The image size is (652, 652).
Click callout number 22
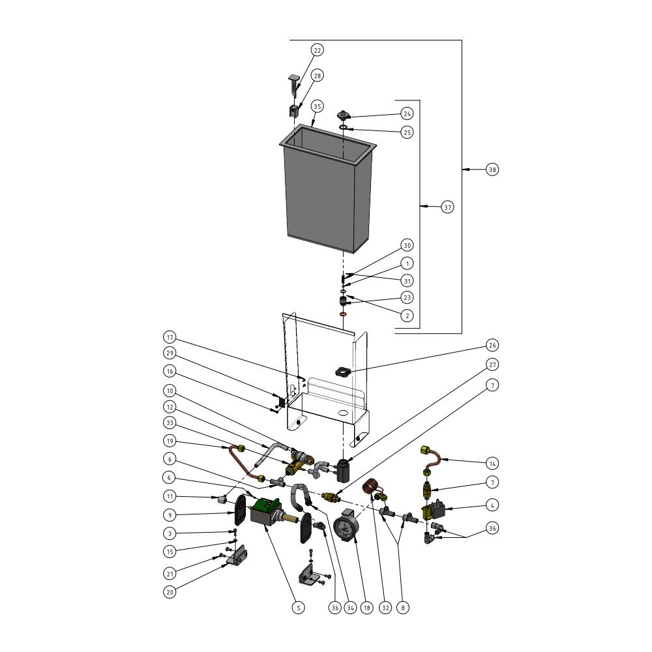pyautogui.click(x=318, y=50)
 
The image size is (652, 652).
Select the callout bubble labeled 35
pyautogui.click(x=318, y=106)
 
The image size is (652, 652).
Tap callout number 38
pyautogui.click(x=492, y=170)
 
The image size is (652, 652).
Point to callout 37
pyautogui.click(x=447, y=207)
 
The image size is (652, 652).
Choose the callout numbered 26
pyautogui.click(x=492, y=345)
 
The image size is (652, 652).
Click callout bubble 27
pyautogui.click(x=492, y=364)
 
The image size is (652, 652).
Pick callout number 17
pyautogui.click(x=170, y=338)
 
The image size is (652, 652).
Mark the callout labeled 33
pyautogui.click(x=170, y=422)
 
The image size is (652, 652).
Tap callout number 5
pyautogui.click(x=298, y=608)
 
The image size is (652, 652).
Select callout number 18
pyautogui.click(x=367, y=608)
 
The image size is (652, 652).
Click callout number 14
pyautogui.click(x=492, y=464)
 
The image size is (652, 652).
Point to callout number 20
pyautogui.click(x=170, y=592)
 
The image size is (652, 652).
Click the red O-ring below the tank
pyautogui.click(x=343, y=314)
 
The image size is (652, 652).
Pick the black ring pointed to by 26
pyautogui.click(x=344, y=372)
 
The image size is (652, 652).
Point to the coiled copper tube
pyautogui.click(x=373, y=486)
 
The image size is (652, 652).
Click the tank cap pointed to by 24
pyautogui.click(x=344, y=115)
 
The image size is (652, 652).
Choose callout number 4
pyautogui.click(x=492, y=505)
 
